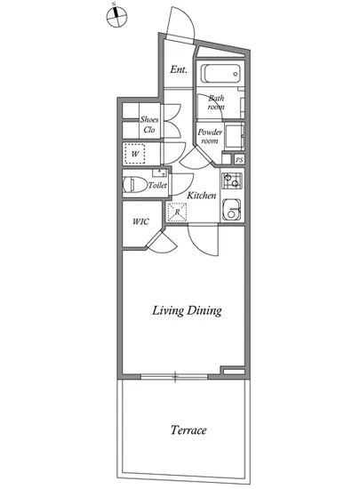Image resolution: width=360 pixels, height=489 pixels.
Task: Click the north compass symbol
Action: point(116,16)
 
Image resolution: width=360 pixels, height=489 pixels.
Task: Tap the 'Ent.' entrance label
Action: point(179,69)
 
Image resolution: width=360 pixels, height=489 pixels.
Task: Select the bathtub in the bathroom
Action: point(220,74)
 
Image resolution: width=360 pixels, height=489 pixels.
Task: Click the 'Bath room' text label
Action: point(216,102)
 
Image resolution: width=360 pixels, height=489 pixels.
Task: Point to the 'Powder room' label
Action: point(210,136)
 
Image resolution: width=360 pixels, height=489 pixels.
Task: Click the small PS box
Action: point(239,160)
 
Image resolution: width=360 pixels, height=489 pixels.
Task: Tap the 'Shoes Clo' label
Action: point(149,124)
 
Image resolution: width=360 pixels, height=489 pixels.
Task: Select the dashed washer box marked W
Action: point(134,154)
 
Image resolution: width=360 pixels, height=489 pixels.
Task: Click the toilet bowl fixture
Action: point(135,185)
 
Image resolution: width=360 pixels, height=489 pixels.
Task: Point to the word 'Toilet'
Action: point(157,185)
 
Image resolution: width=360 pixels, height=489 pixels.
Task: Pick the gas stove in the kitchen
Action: point(232,180)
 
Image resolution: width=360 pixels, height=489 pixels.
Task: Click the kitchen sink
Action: point(232,209)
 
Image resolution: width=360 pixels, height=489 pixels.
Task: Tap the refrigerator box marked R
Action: point(177,212)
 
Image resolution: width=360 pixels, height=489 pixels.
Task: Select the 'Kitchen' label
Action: point(202,196)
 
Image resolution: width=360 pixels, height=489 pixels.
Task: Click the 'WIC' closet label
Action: point(140,221)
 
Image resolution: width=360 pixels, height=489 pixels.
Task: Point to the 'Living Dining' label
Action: point(187,310)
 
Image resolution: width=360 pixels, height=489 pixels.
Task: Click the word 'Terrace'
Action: point(188,430)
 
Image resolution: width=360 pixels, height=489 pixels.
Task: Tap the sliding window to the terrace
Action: point(174,377)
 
